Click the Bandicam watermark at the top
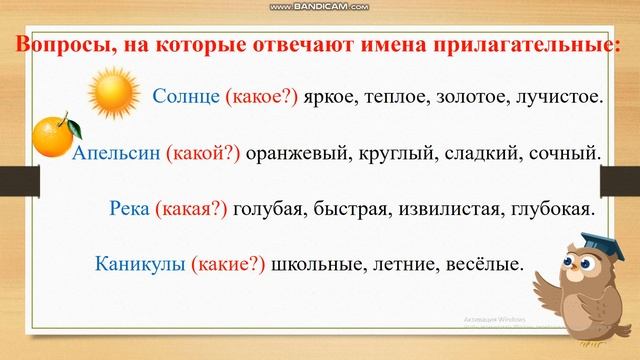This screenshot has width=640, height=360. (320, 7)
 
